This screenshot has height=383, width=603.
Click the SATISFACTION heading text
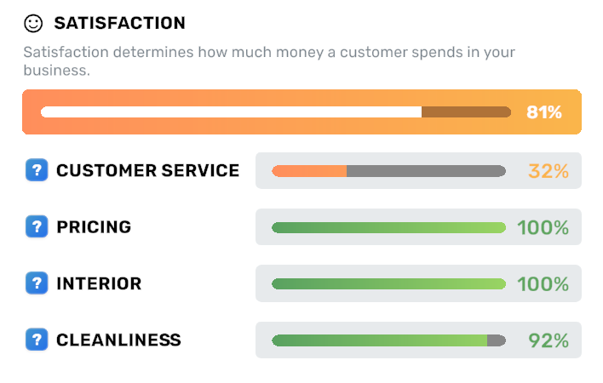tap(119, 23)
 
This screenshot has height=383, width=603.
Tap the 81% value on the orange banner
tap(544, 112)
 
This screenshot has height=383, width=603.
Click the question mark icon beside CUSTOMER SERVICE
tap(37, 170)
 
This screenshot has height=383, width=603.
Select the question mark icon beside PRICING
tap(37, 227)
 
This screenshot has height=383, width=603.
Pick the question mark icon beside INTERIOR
tap(37, 283)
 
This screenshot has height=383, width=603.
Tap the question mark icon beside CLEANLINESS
tap(37, 340)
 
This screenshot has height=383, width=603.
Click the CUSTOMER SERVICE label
tap(147, 170)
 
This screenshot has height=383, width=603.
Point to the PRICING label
tap(94, 227)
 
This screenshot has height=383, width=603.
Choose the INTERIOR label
tap(99, 283)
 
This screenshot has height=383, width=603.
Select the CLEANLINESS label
tap(118, 340)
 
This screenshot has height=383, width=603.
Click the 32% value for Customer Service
tap(548, 171)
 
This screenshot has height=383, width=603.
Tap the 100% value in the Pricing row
tap(543, 227)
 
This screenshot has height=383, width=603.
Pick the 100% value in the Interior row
tap(543, 283)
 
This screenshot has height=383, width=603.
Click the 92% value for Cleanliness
tap(548, 340)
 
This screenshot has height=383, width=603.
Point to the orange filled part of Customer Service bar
tap(309, 171)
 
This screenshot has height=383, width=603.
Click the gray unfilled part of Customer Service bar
tap(426, 171)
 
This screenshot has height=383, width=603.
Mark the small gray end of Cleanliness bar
tap(496, 340)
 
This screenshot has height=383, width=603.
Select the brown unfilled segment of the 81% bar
tap(466, 112)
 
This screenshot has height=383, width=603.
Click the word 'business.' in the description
tap(56, 71)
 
